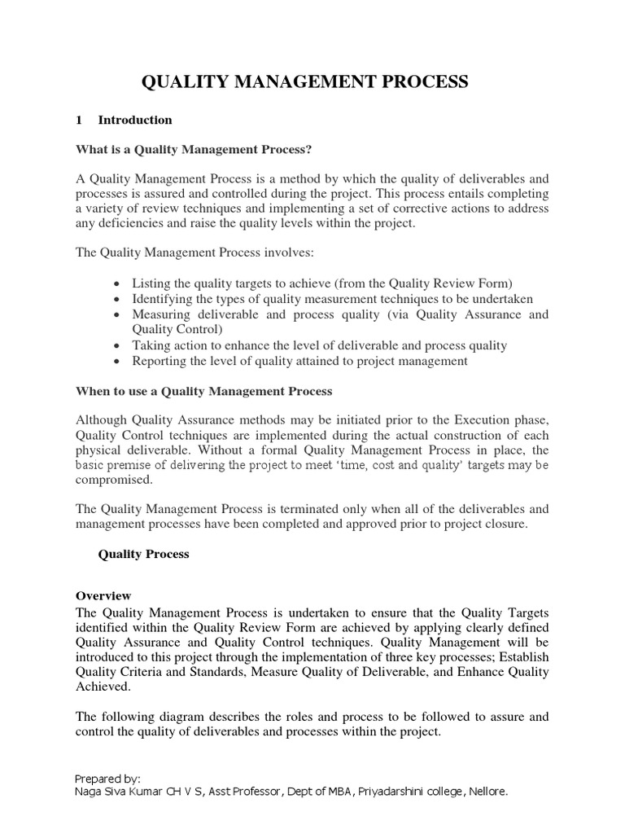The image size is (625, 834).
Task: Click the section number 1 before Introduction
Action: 79,120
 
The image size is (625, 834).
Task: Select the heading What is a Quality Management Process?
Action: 194,149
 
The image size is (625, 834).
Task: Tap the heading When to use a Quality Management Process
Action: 204,391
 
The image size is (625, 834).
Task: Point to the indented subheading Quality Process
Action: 143,554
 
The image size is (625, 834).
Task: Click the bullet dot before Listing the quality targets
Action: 119,284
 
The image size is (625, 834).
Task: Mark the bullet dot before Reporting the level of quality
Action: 119,362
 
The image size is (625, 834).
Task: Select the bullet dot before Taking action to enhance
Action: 119,346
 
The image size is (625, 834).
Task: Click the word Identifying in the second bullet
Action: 160,299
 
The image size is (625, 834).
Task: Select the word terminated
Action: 291,509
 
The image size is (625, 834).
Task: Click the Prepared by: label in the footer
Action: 107,778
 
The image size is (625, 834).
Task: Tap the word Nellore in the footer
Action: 486,791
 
